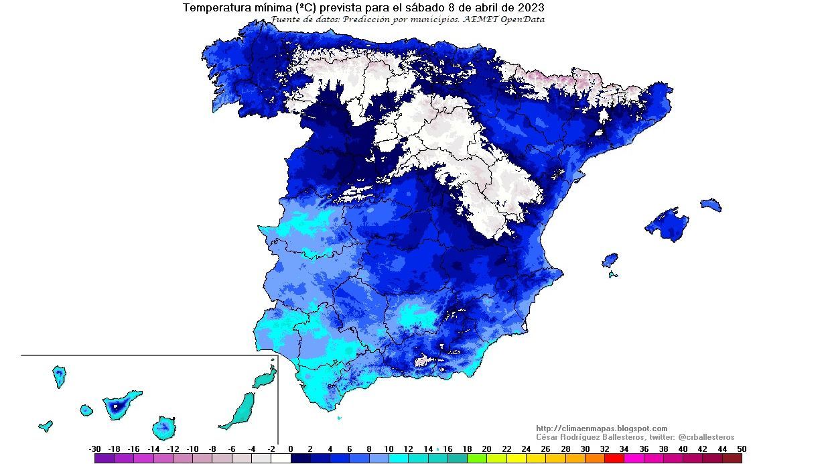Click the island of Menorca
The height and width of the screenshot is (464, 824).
(711, 205)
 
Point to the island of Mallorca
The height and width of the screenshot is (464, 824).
(667, 224)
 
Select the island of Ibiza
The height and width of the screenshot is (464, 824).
(610, 259)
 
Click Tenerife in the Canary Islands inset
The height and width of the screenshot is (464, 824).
(121, 404)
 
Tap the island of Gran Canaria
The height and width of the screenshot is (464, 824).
(164, 426)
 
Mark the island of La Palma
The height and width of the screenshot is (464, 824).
(59, 375)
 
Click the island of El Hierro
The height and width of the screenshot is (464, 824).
(46, 425)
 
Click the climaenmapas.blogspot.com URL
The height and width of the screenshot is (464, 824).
(602, 428)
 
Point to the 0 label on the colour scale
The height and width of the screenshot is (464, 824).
(291, 449)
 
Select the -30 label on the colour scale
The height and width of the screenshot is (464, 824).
(94, 449)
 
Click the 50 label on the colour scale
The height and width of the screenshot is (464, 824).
(740, 449)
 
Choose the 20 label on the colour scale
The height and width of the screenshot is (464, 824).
(486, 449)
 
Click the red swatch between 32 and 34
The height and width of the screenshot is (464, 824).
(614, 459)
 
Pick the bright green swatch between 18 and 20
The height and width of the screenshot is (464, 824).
(476, 459)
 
